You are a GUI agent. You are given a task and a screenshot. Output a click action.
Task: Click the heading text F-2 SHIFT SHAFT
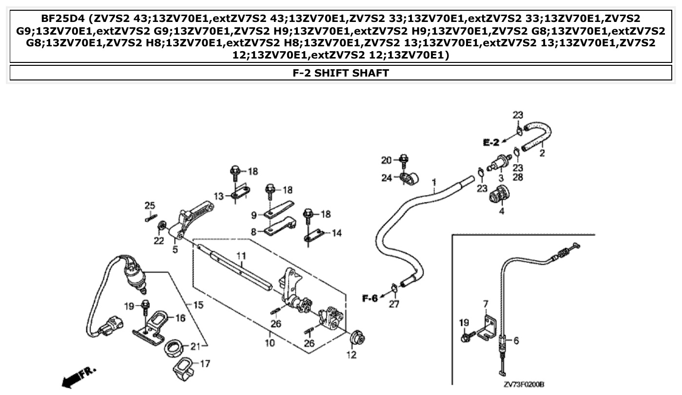tap(340, 73)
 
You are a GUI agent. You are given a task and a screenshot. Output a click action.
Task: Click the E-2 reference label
tap(491, 143)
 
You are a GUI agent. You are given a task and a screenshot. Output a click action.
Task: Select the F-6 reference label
tap(370, 298)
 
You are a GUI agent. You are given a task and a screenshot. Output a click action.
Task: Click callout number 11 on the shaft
tap(240, 256)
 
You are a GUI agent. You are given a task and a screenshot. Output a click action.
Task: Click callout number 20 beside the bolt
tap(386, 160)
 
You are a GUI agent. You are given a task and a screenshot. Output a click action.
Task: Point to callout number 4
tap(501, 212)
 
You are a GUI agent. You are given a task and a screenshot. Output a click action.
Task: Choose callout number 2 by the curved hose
tap(542, 154)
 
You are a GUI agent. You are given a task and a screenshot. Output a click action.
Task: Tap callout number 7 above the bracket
tap(486, 304)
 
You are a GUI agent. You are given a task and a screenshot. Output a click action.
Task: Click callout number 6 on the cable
tap(516, 341)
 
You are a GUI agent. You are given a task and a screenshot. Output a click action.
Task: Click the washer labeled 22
tap(161, 227)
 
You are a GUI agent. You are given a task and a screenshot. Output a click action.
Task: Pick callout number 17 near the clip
tap(205, 363)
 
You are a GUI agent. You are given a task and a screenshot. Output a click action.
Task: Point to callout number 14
tap(336, 233)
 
